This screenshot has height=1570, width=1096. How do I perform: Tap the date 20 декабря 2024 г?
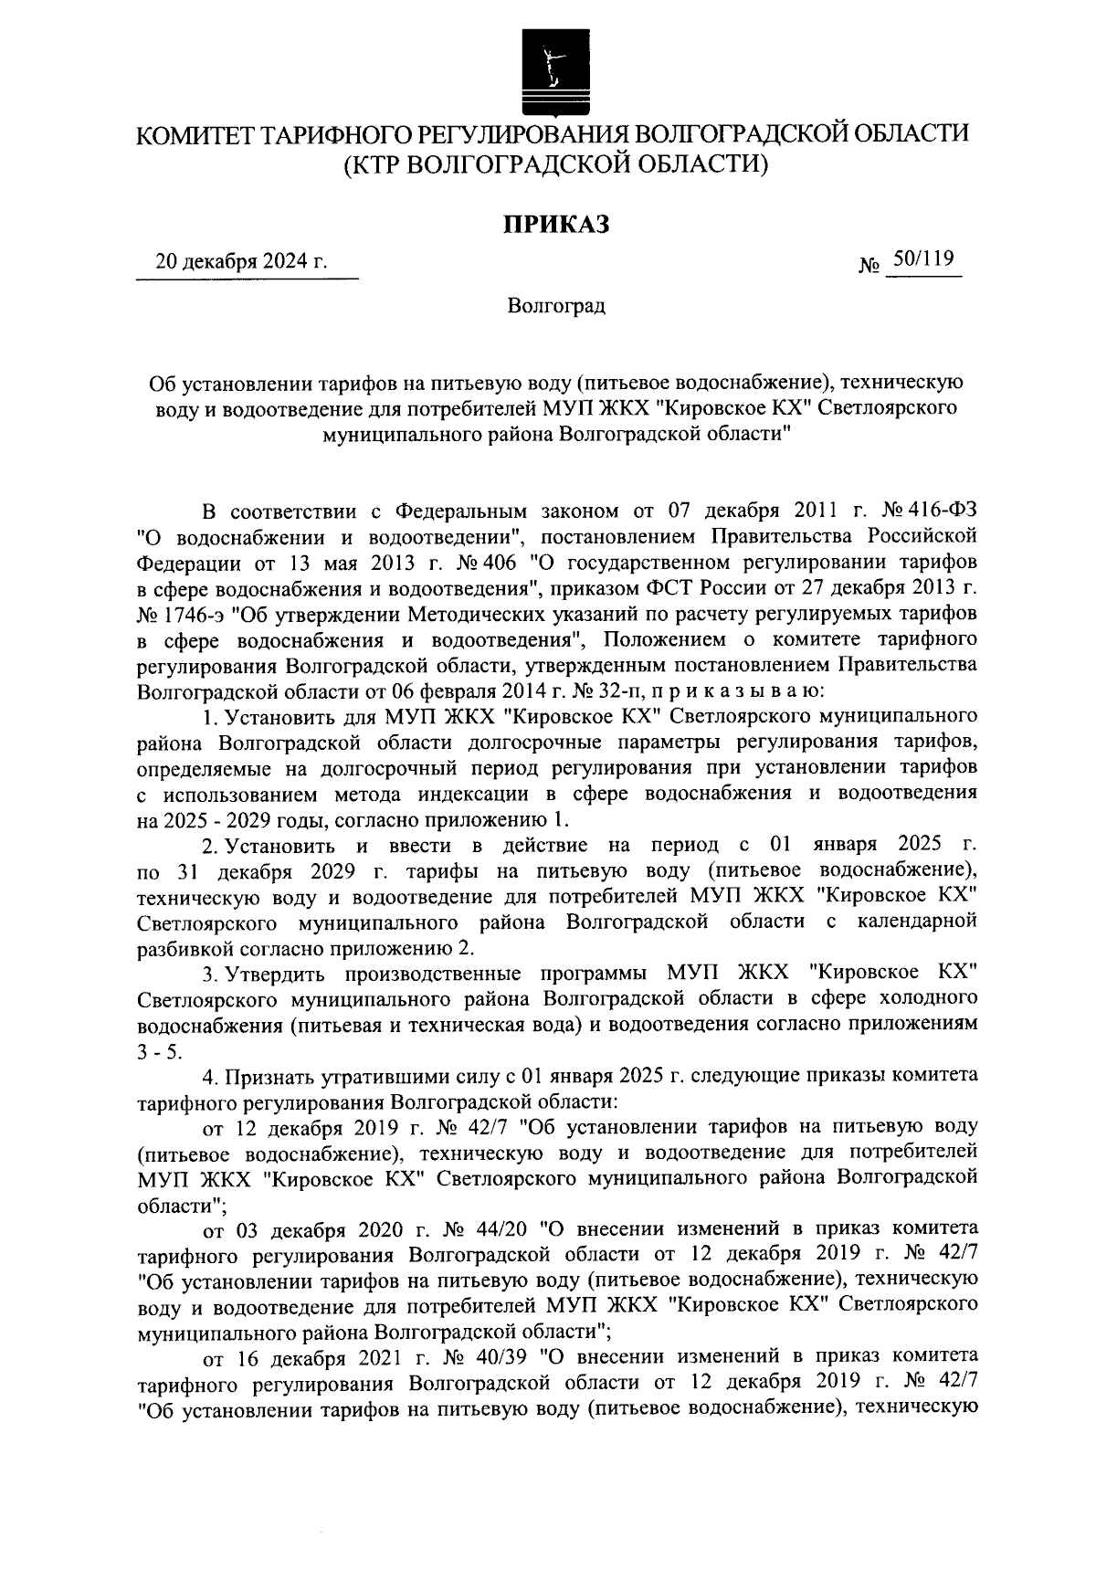tap(241, 263)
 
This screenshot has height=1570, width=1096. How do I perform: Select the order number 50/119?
tap(922, 260)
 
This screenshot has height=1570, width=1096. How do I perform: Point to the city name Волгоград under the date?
tap(556, 305)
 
